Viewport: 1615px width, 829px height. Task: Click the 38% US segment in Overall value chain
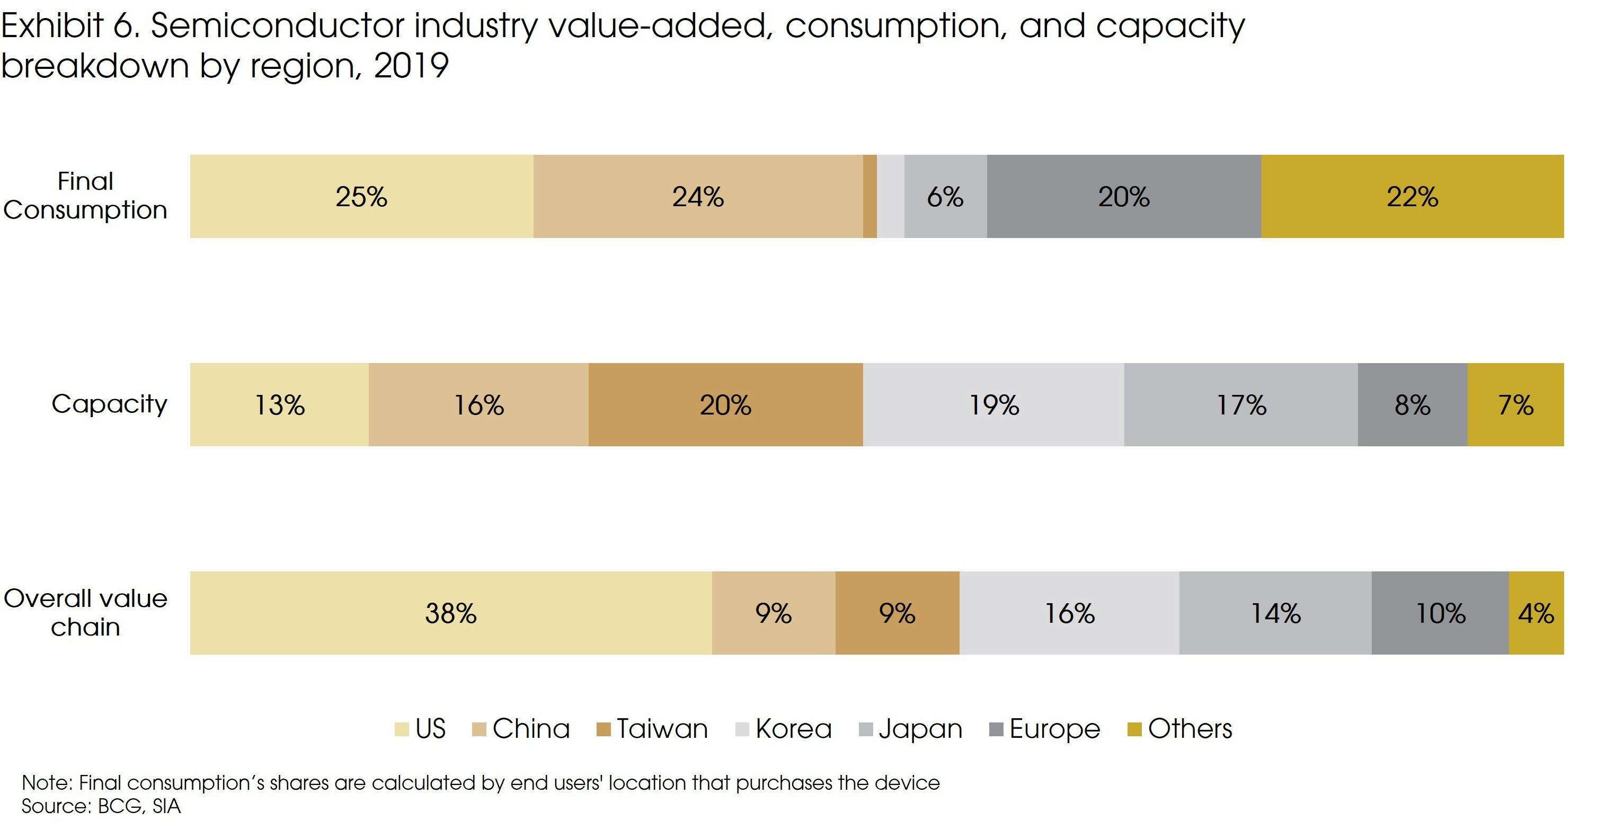tap(450, 613)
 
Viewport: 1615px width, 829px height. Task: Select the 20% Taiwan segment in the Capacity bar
tap(725, 404)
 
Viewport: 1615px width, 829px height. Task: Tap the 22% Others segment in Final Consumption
tap(1412, 196)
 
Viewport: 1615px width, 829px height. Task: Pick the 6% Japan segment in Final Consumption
tap(945, 196)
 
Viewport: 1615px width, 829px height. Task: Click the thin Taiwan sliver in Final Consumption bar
tap(869, 196)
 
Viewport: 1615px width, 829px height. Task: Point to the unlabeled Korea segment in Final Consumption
tap(890, 196)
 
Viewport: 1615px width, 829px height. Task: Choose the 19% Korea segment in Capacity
tap(993, 404)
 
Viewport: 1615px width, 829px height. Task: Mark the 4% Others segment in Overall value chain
tap(1536, 613)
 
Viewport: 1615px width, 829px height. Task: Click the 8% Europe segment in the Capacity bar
tap(1412, 404)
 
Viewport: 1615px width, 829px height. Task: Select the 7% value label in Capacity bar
tap(1515, 405)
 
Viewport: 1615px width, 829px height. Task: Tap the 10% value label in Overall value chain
tap(1440, 613)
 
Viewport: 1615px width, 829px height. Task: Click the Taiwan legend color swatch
tap(603, 729)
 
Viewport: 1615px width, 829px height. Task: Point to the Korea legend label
tap(793, 729)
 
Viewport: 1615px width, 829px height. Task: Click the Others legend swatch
tap(1133, 729)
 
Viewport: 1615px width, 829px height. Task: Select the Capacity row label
tap(109, 404)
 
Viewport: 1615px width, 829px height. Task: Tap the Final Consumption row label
tap(85, 196)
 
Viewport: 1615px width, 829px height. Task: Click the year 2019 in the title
tap(411, 65)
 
